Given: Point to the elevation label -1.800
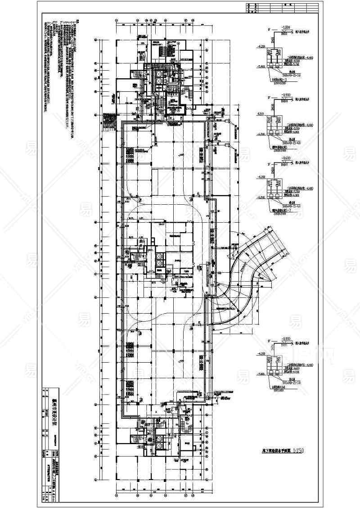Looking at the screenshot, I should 286,27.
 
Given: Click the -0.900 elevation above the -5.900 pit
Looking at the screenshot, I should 286,337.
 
